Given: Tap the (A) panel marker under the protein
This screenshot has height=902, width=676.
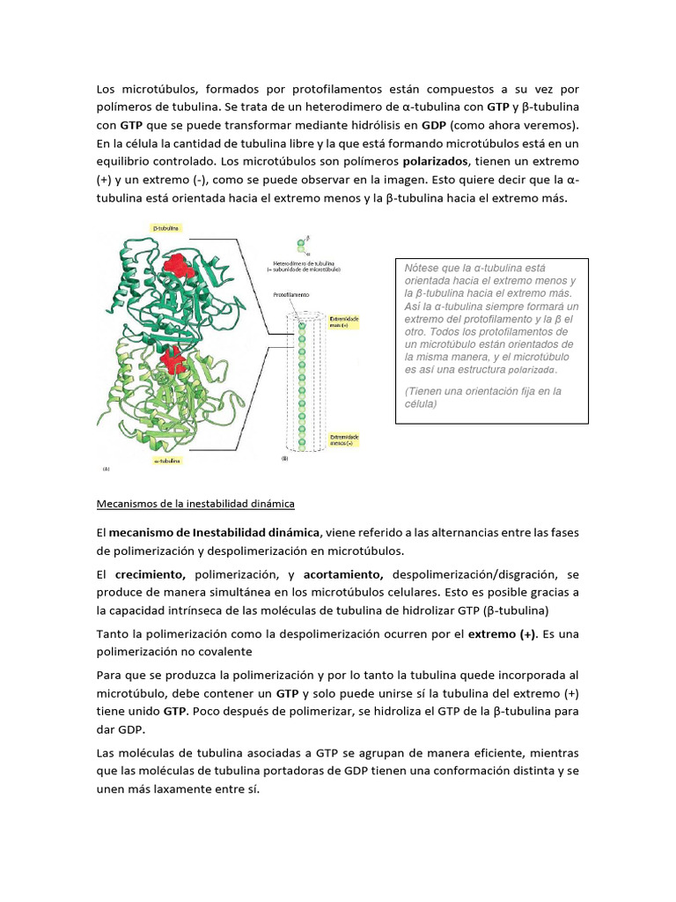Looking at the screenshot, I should [107, 469].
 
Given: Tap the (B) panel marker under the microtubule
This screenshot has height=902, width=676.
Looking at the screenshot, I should [284, 459].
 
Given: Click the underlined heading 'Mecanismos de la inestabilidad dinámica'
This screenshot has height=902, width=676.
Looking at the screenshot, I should [195, 504].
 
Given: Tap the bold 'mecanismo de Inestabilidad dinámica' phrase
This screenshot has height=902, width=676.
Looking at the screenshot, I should [215, 533].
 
